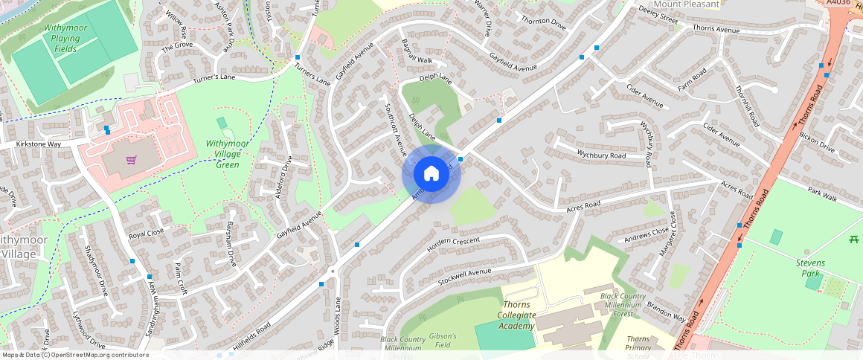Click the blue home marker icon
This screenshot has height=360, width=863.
point(431,174)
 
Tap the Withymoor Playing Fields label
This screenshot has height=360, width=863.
point(65,38)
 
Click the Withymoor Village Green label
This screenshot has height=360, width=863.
point(222,153)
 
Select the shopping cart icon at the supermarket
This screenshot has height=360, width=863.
point(132,160)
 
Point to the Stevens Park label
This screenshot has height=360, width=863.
point(811,269)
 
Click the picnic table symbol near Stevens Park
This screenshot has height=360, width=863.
point(854,239)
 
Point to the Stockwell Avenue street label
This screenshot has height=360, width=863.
point(465,275)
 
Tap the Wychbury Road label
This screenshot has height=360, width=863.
point(601,155)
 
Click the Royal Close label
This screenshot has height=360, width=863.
point(146,233)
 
